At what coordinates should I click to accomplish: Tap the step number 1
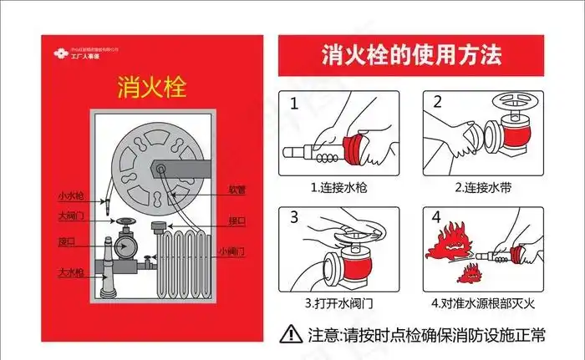(x=294, y=104)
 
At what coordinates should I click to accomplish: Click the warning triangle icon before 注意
(x=291, y=335)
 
